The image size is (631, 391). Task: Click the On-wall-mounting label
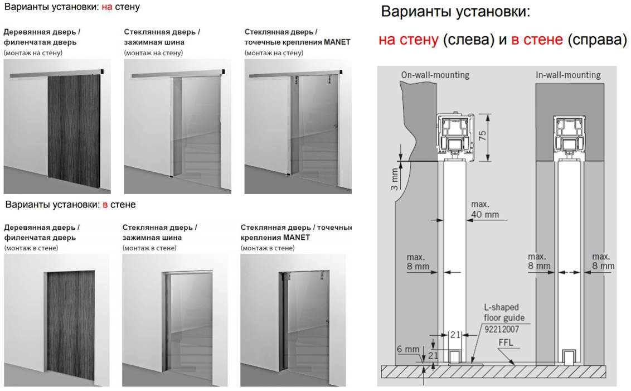[435, 75]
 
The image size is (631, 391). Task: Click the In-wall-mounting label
[568, 75]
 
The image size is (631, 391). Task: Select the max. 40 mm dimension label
[484, 209]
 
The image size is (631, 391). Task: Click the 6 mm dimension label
[408, 349]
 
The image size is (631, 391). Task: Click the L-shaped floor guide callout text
[502, 312]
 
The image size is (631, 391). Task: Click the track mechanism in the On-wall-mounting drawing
[456, 136]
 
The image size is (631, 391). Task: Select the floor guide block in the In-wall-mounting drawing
[569, 356]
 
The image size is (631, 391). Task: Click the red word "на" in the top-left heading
[106, 7]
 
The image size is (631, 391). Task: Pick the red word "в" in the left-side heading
[105, 205]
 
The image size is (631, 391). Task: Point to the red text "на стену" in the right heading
[408, 40]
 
